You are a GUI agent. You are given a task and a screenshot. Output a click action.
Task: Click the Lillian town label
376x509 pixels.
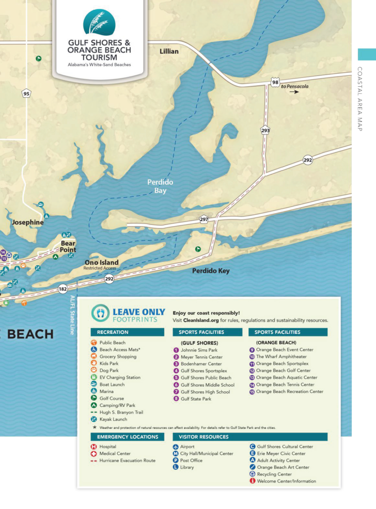pos(169,51)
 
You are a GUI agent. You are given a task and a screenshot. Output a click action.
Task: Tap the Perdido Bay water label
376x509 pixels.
pos(160,186)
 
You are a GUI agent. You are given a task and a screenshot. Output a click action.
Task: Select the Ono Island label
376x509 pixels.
pos(101,262)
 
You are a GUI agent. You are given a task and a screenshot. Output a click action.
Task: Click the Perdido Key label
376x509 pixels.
pos(211,271)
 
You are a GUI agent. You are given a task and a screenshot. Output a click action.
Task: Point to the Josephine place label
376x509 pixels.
pos(28,222)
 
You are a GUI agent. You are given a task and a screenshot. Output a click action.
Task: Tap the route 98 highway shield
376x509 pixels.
pos(275,83)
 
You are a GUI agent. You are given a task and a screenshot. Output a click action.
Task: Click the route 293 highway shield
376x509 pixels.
pos(265,131)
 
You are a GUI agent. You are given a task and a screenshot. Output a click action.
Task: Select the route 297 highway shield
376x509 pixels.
pos(203,219)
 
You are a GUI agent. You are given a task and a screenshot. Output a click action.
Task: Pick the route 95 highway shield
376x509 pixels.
pos(26,93)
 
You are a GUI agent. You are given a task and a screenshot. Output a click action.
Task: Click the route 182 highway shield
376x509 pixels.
pos(63,289)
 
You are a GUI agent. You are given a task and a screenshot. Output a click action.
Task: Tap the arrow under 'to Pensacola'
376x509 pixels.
pos(294,92)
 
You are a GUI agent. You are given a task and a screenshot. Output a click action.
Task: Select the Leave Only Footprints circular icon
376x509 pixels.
pos(100,313)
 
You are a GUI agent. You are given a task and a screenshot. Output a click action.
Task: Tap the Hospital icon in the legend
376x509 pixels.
pos(94,447)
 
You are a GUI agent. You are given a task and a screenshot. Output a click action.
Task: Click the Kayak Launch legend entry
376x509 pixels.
pos(114,420)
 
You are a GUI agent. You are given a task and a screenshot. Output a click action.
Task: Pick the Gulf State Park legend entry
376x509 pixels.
pos(195,399)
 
